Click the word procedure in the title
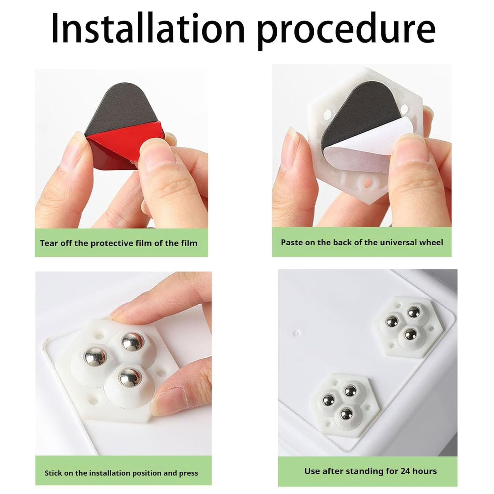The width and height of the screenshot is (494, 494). (x=346, y=31)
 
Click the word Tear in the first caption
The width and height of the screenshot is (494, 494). (x=49, y=243)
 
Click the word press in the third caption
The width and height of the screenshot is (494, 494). (x=189, y=474)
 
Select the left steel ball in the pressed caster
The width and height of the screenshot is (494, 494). (x=95, y=355)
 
